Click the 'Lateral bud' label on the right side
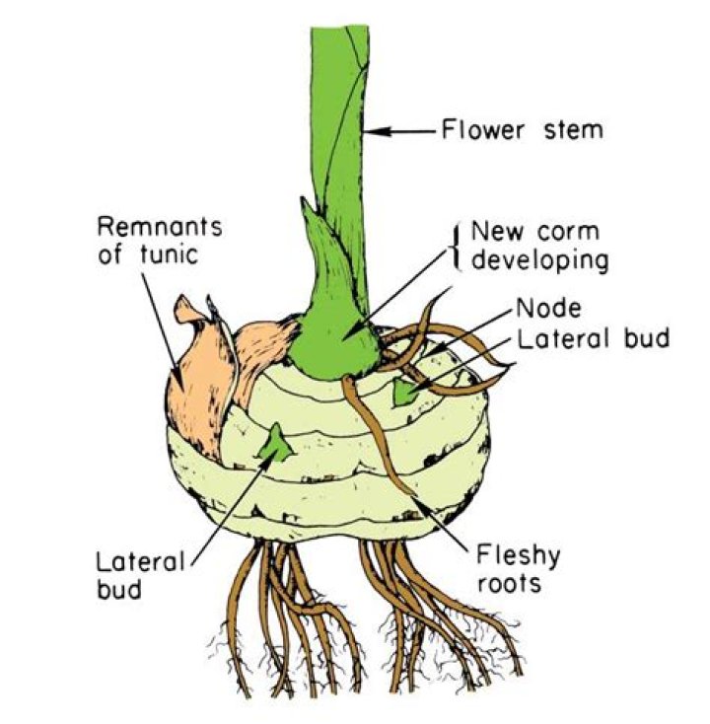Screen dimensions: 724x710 coord(591,338)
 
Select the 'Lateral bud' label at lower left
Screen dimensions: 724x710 coord(140,576)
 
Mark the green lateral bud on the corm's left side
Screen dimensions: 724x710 coord(275,443)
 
